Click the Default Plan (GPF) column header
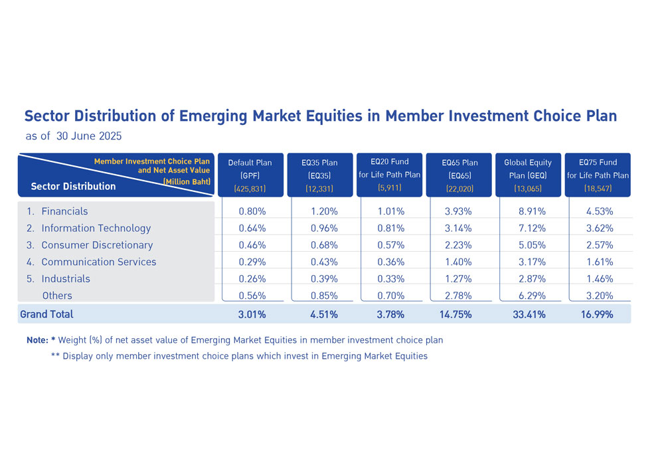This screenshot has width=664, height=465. [250, 175]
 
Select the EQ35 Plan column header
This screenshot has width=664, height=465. [320, 175]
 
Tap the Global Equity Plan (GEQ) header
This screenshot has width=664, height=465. [528, 175]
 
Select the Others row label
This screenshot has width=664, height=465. [57, 296]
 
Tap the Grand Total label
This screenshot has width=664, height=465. [46, 314]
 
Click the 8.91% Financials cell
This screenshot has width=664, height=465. [532, 211]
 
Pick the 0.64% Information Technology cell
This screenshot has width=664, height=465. [252, 229]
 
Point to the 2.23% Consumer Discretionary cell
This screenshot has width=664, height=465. [458, 245]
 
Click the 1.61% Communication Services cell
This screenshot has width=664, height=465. [600, 262]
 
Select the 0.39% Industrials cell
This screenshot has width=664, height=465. [325, 279]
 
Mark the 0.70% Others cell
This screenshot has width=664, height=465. [391, 296]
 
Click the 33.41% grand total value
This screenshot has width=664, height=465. [529, 315]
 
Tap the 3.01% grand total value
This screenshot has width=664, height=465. [252, 315]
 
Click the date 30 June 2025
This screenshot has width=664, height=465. [89, 136]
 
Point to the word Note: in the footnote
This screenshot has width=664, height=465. [37, 340]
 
